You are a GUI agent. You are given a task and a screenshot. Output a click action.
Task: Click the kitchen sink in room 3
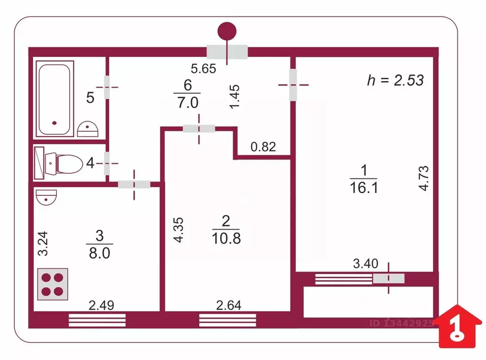click(47, 196)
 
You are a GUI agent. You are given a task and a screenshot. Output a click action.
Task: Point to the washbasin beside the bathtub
click(87, 129)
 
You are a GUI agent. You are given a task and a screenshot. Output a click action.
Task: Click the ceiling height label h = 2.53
click(395, 80)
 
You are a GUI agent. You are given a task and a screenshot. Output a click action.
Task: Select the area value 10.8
click(226, 238)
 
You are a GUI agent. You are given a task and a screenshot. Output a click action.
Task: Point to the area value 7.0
click(187, 102)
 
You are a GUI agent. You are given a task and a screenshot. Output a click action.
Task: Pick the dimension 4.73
click(423, 178)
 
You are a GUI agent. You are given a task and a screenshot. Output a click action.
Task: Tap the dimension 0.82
click(263, 147)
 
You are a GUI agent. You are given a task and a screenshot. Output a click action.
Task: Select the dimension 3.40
click(365, 263)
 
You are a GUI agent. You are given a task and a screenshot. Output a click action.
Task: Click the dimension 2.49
click(102, 306)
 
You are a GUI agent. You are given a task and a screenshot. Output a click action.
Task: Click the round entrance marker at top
click(227, 31)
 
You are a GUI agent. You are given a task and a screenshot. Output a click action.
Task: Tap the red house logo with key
click(458, 327)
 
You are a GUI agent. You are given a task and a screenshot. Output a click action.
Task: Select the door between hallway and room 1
click(293, 85)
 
